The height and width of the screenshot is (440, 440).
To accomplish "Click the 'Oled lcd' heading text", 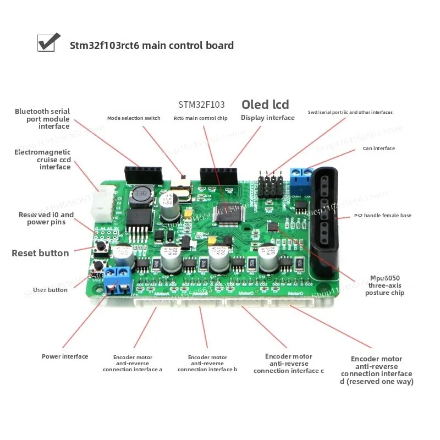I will point(265,105).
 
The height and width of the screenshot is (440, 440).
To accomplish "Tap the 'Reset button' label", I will point(40,253).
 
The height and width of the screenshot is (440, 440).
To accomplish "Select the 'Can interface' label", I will point(378,148).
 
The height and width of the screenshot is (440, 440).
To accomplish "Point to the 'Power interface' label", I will point(65,356).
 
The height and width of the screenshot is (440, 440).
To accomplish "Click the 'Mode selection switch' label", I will point(134,118).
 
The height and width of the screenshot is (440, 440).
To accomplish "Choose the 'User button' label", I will point(50,290).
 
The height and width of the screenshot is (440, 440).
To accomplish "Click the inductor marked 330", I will point(142,194).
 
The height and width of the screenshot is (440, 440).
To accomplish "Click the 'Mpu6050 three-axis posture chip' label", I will point(384,285).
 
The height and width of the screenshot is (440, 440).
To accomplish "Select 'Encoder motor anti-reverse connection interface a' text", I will point(132,363).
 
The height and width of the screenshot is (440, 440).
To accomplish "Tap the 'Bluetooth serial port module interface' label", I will point(42,119).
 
